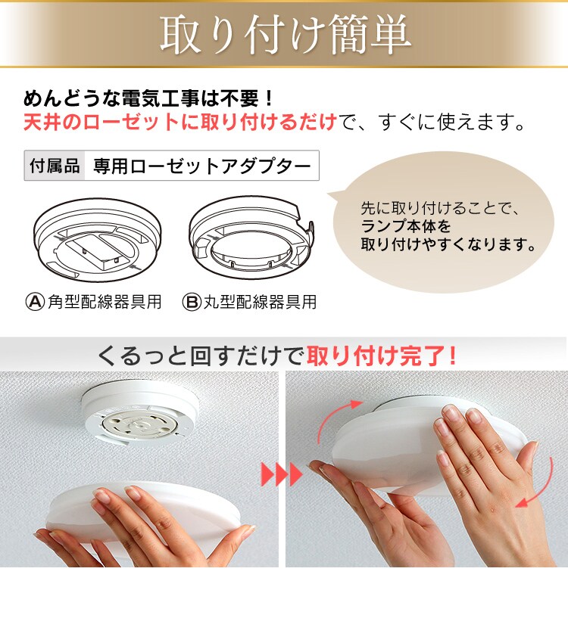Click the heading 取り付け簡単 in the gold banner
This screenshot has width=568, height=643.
[286, 35]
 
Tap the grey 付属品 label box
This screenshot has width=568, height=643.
[55, 166]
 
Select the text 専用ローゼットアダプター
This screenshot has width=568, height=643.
[202, 166]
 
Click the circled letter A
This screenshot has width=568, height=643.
[35, 302]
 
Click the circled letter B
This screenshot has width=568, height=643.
[192, 302]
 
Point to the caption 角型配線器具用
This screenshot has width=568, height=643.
[105, 302]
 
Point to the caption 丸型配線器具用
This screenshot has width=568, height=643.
[261, 302]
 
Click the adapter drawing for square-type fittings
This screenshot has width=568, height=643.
[97, 240]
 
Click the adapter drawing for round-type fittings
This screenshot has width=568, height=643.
[251, 238]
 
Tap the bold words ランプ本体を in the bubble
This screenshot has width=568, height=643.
[405, 226]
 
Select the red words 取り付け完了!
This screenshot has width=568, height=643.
[381, 356]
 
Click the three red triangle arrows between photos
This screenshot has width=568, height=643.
[282, 474]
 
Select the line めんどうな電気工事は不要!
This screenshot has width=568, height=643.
[148, 98]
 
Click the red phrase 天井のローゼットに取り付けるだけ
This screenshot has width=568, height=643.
[180, 122]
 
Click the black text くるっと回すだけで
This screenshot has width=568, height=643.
[201, 356]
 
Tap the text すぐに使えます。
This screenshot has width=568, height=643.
[452, 122]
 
